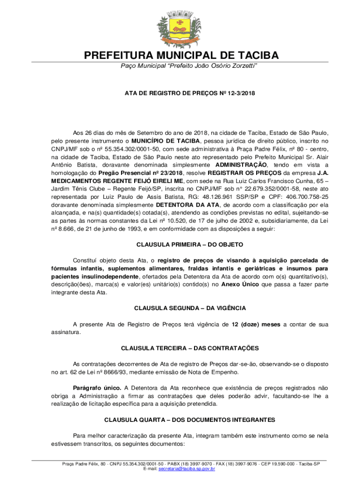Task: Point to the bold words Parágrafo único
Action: [x=97, y=388]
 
